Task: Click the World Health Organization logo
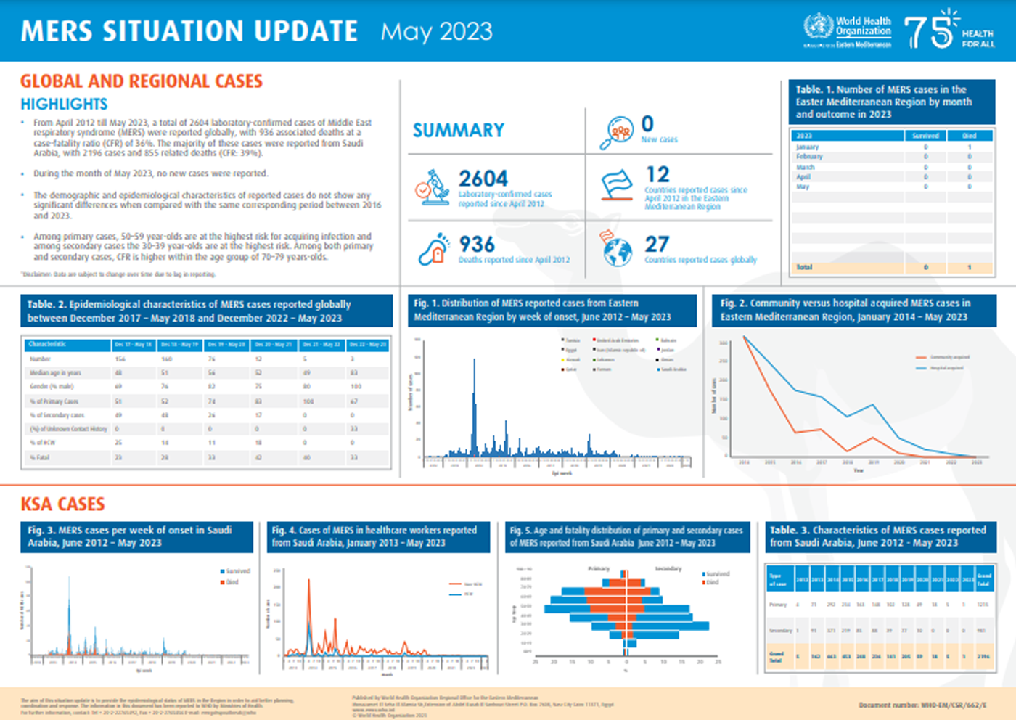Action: [847, 30]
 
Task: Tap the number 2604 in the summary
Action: [483, 179]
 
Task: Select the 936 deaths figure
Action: [477, 245]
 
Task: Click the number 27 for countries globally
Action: [657, 245]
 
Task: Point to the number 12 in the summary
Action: [657, 175]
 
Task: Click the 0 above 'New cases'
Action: [647, 124]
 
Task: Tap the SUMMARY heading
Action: [459, 131]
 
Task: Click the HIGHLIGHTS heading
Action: [64, 105]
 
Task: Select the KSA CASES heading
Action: [62, 504]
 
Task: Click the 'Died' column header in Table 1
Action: [969, 136]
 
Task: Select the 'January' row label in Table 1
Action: [807, 147]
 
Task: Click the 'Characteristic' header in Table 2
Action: [47, 344]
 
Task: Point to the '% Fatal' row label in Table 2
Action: [40, 458]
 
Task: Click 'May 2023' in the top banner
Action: [436, 32]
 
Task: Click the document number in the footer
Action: [922, 705]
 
